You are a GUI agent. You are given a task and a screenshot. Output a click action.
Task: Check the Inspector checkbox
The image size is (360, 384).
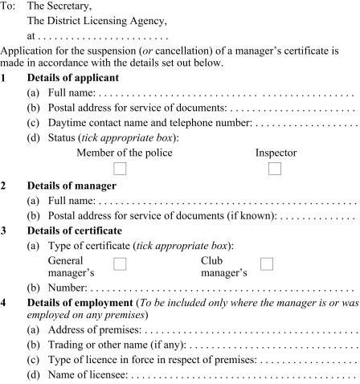coord(275,169)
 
